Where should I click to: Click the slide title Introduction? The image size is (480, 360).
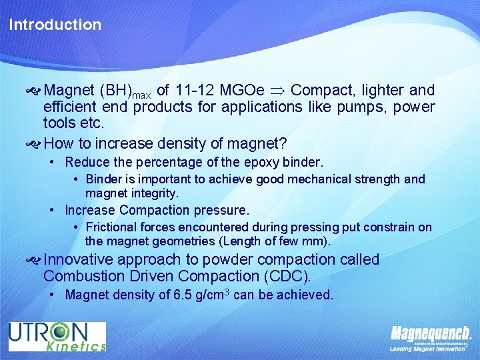(x=55, y=25)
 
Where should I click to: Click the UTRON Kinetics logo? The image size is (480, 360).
(x=57, y=337)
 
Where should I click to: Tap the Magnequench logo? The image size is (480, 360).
(x=430, y=333)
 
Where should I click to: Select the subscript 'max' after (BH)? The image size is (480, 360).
(x=141, y=95)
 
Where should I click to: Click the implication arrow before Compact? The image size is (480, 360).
(x=278, y=91)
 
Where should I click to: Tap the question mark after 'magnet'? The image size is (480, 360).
(x=285, y=143)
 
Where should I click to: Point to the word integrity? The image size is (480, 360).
(x=156, y=193)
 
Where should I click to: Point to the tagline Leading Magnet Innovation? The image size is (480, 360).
(x=427, y=347)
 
